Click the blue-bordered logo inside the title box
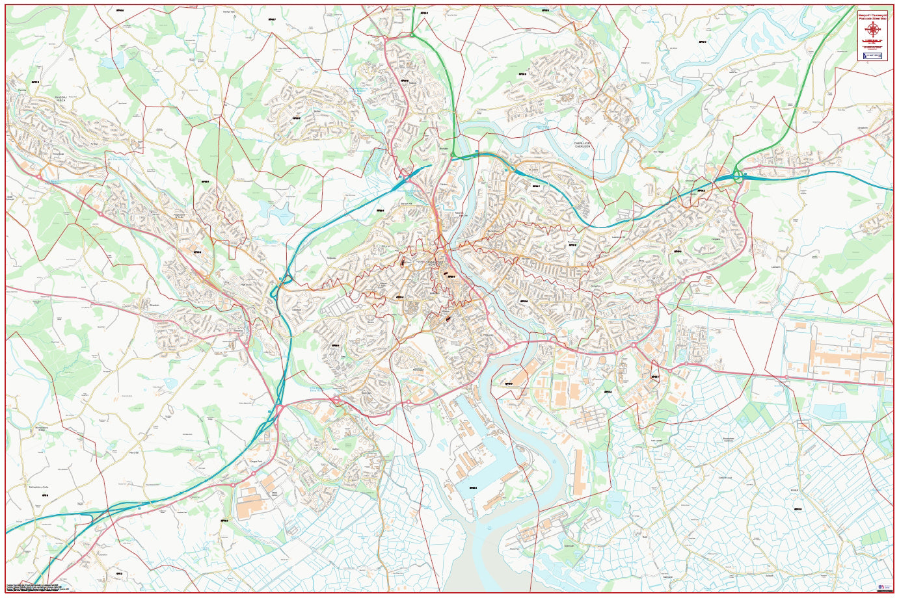point(872,57)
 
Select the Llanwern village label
point(775,266)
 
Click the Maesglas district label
point(418,370)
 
